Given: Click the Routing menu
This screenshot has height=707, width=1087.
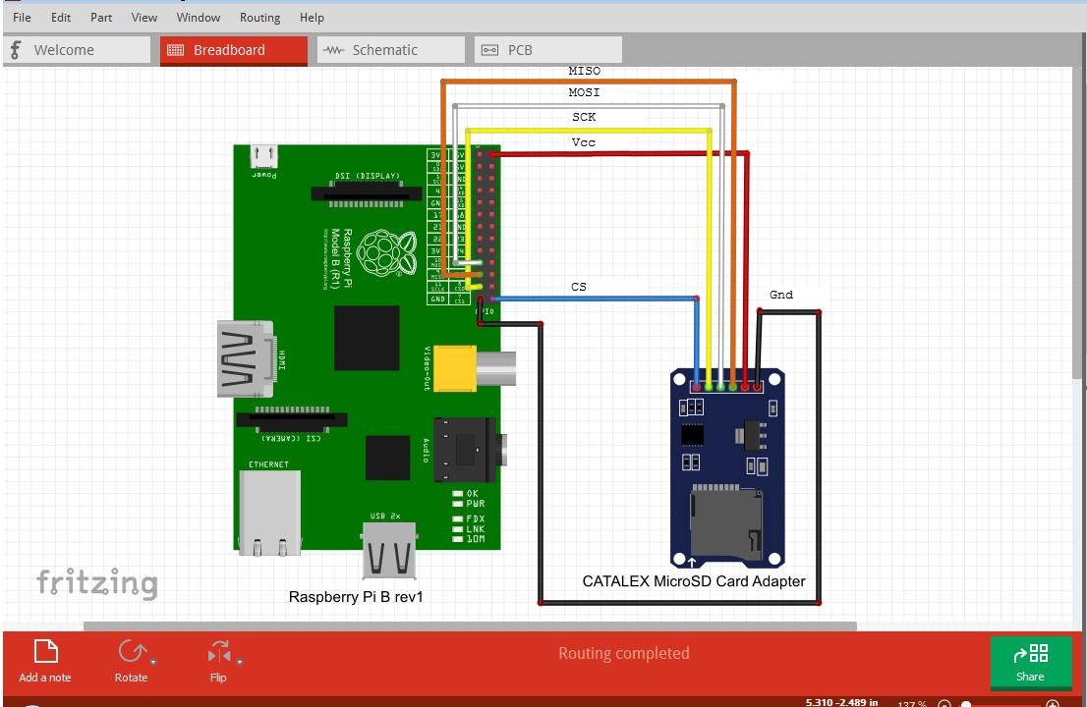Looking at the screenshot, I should click(x=259, y=18).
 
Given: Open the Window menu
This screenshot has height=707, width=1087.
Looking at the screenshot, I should click(x=199, y=18).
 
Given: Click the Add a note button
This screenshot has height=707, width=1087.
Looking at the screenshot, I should click(x=45, y=661).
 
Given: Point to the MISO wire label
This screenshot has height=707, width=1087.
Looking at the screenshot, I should click(x=584, y=72).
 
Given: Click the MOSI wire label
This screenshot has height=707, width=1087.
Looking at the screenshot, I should click(x=584, y=93).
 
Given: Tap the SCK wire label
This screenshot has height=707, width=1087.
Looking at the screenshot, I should click(x=584, y=118).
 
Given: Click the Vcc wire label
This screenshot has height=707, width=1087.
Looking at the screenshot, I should click(x=584, y=143).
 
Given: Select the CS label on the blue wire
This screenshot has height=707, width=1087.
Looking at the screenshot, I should click(x=579, y=288).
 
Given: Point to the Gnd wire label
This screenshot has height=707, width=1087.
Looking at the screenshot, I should click(x=781, y=295).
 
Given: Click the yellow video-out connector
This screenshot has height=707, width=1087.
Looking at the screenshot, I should click(x=458, y=366).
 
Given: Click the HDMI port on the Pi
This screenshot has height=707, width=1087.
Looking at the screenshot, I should click(x=247, y=359).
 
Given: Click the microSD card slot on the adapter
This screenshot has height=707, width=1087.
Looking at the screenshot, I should click(x=725, y=521).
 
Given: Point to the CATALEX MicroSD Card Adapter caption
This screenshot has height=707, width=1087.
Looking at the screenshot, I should click(x=694, y=581).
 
